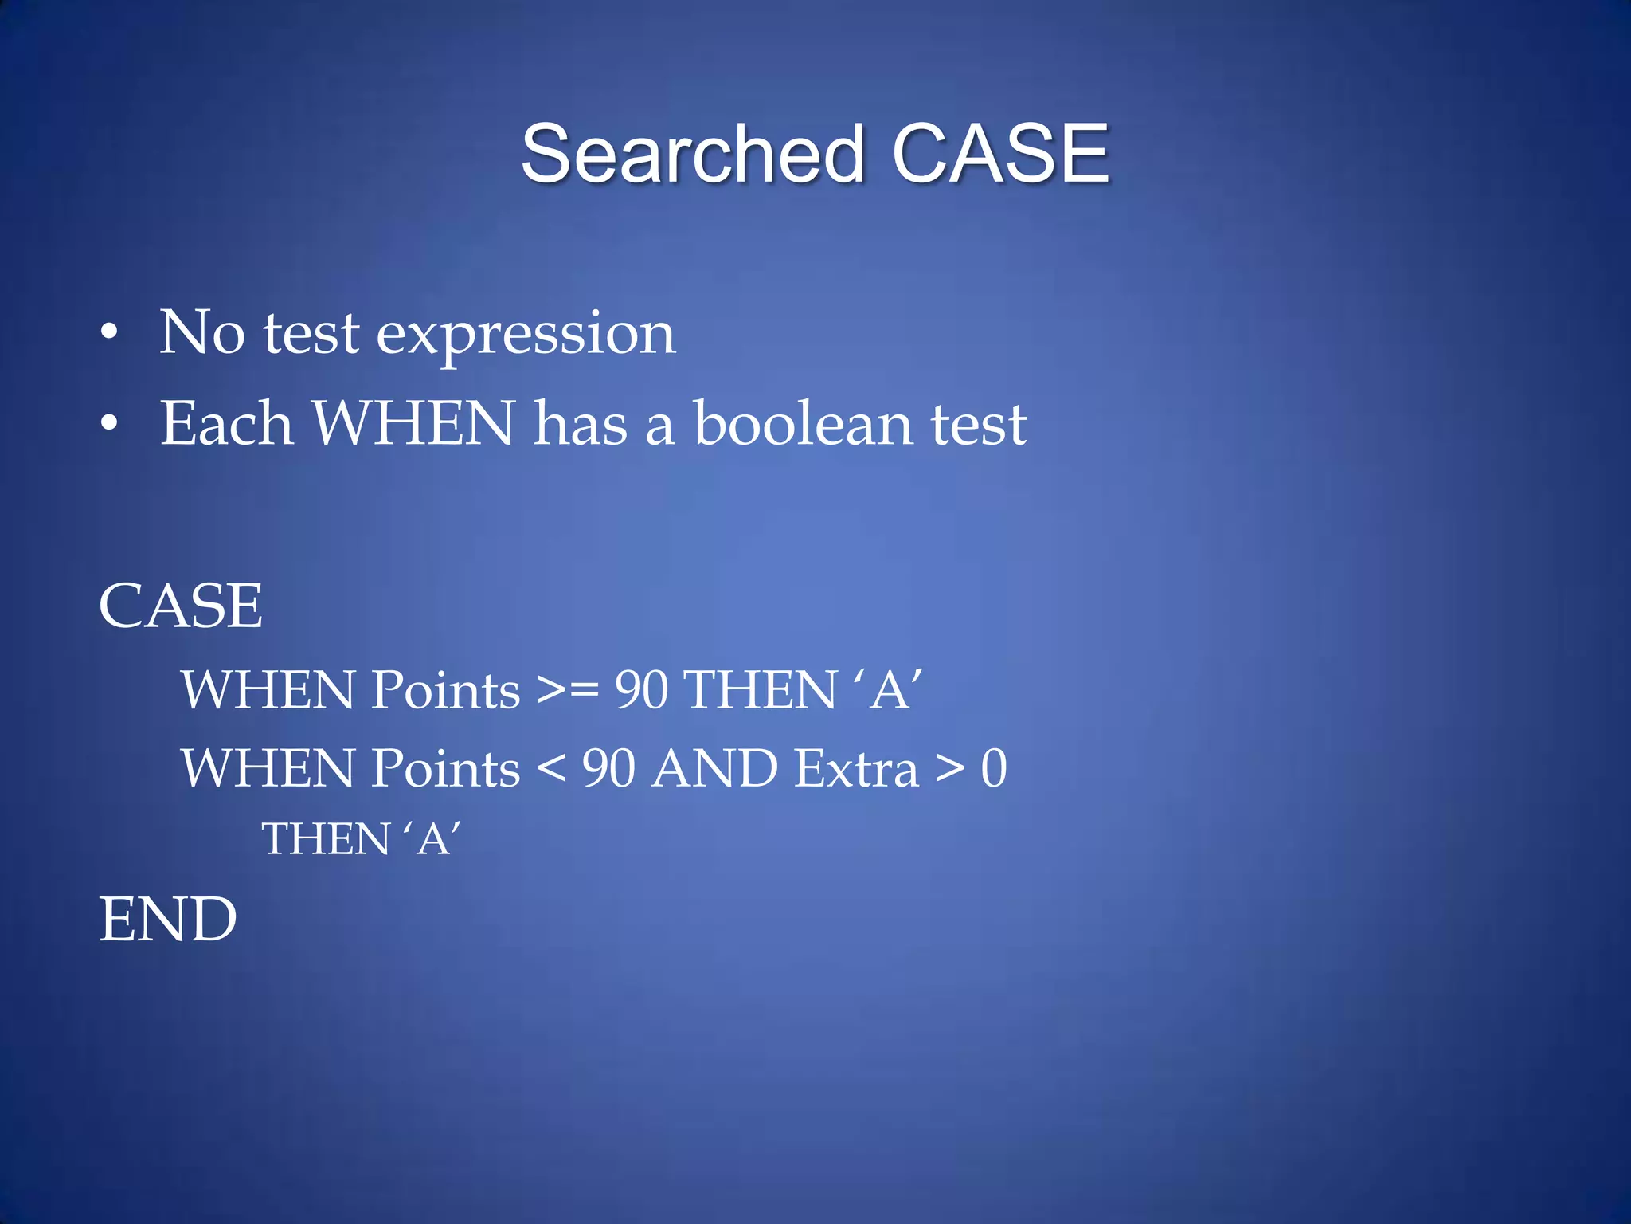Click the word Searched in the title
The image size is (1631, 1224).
coord(692,154)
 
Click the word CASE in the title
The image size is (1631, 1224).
coord(1000,154)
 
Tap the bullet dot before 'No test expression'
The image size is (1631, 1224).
coord(109,332)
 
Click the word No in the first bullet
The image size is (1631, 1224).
coord(202,332)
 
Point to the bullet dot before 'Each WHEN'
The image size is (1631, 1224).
coord(109,423)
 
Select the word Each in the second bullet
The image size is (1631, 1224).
coord(226,423)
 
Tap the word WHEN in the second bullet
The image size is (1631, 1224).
coord(413,423)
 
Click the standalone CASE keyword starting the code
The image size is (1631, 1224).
coord(181,606)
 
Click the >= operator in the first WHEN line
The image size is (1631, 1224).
coord(568,690)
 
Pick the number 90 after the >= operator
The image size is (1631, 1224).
coord(641,690)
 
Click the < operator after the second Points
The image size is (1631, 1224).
coord(551,769)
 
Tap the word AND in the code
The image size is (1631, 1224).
coord(714,769)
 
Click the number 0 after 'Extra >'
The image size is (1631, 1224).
coord(993,769)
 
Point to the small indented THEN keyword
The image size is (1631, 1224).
coord(326,839)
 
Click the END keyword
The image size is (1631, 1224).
coord(168,920)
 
